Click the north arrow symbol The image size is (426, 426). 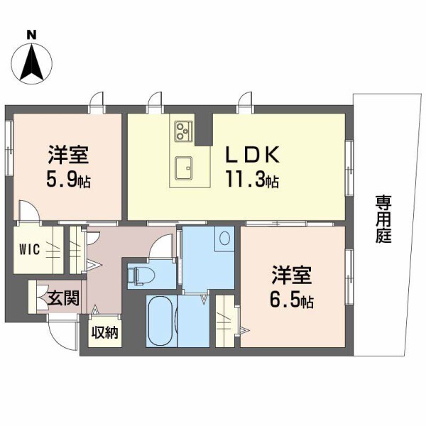(31, 62)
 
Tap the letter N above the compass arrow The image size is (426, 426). (31, 33)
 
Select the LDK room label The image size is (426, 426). (254, 155)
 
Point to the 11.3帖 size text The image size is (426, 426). (252, 180)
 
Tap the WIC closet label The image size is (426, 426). (33, 250)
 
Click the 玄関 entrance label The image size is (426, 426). (58, 296)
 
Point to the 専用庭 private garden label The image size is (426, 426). (384, 221)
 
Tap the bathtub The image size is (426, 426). (162, 322)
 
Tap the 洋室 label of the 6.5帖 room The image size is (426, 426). (290, 275)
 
